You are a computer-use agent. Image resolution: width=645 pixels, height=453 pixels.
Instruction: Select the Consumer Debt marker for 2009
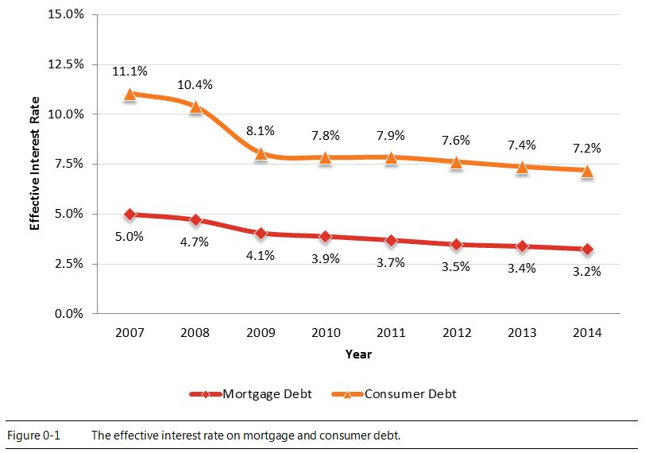[261, 153]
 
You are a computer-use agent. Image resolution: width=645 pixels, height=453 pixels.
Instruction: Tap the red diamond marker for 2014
[587, 249]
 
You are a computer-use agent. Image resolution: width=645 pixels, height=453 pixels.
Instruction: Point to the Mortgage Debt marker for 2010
[326, 236]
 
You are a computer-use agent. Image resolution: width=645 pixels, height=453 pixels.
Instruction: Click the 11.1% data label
[129, 72]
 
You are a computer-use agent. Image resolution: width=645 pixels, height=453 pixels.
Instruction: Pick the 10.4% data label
[195, 84]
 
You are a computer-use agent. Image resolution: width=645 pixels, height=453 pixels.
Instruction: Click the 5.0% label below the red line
[129, 236]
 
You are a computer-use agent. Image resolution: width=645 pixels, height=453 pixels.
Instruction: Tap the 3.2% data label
[587, 272]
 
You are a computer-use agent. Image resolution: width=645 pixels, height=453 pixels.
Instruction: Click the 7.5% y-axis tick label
[68, 164]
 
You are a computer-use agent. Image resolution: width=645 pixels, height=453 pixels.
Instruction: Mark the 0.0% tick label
[68, 313]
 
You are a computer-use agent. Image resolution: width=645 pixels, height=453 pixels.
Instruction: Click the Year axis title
[358, 354]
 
